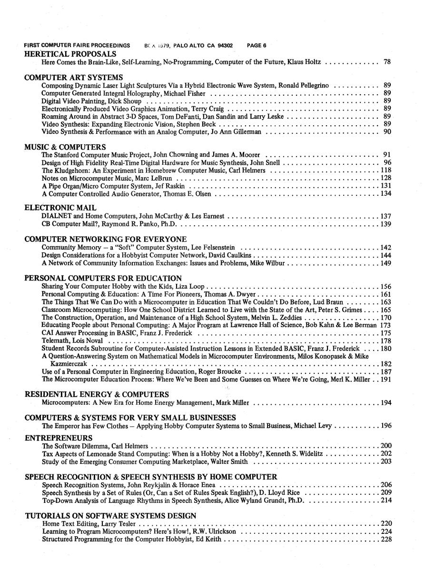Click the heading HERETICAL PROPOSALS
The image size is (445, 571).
(70, 54)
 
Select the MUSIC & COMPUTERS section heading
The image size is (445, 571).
(65, 147)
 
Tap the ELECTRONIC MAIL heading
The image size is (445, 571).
(60, 208)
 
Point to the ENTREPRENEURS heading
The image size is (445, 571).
(59, 438)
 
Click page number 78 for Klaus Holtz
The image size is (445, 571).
(387, 62)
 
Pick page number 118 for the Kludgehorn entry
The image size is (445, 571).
(386, 170)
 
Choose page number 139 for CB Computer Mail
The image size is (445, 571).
(386, 224)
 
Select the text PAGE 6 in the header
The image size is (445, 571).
(257, 46)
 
